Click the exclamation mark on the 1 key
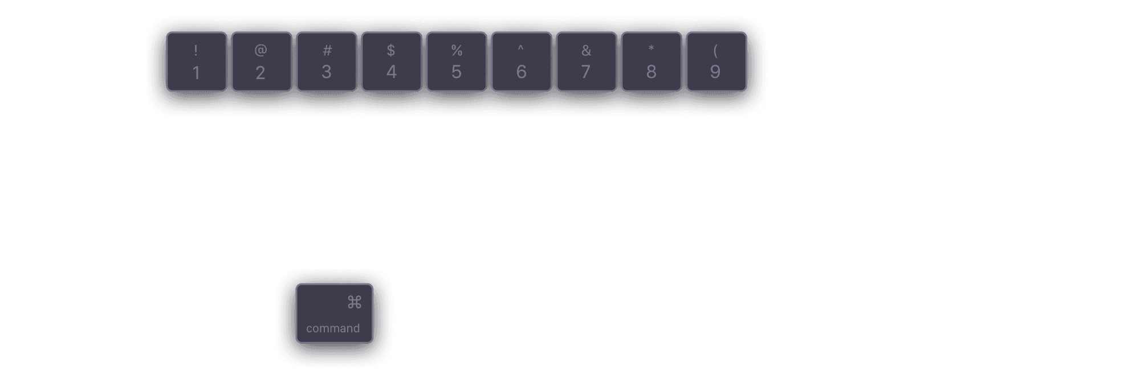coord(196,51)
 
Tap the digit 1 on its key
coord(196,73)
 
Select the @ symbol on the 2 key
coord(260,50)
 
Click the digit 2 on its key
coord(260,73)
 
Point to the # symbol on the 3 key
coord(327,51)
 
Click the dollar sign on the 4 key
coord(391,51)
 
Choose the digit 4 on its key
coord(392,72)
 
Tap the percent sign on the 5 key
coord(457,51)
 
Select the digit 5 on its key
coord(457,72)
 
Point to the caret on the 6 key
coord(521,48)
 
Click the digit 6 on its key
coord(521,72)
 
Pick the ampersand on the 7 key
coord(586,51)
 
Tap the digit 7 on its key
coord(586,72)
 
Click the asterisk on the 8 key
coord(651,49)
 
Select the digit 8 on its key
coord(651,72)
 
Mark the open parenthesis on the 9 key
coord(716,51)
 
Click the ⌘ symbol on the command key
coord(355,302)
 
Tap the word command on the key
coord(333,328)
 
